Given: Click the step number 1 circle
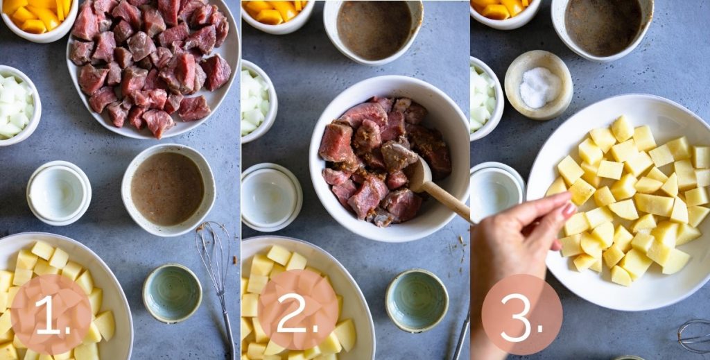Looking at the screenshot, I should (x=51, y=314).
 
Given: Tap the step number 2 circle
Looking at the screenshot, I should (x=298, y=309).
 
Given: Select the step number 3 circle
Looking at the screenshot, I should (x=521, y=314).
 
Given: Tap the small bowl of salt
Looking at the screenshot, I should (x=539, y=85).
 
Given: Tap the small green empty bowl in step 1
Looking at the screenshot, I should (x=172, y=293).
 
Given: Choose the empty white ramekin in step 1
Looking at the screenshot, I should (x=58, y=192).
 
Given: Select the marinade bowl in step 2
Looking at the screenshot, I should (x=374, y=29).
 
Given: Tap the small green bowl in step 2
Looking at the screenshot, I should (x=416, y=300).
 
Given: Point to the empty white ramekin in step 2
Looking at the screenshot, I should (x=271, y=196).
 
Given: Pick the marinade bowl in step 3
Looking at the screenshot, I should (x=602, y=26).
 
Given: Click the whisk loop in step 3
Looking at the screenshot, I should (x=694, y=336).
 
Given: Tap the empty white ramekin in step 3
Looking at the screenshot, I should (x=496, y=191).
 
